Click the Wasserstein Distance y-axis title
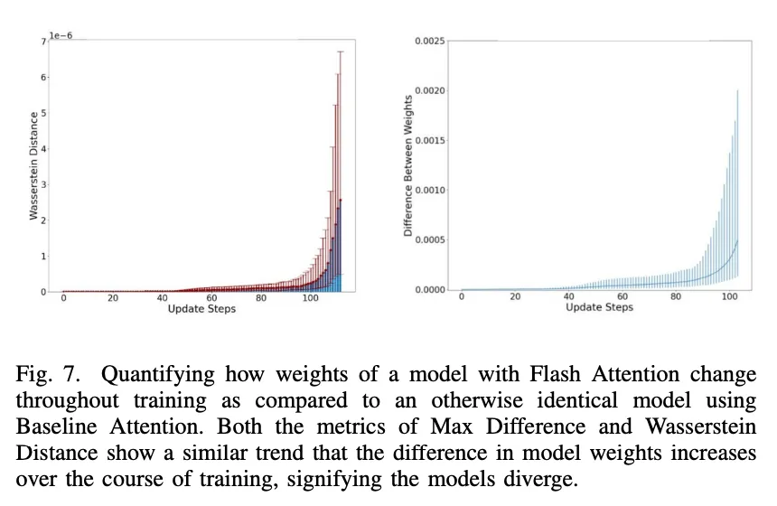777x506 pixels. pyautogui.click(x=34, y=165)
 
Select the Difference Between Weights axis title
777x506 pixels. pyautogui.click(x=408, y=165)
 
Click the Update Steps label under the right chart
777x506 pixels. pyautogui.click(x=599, y=307)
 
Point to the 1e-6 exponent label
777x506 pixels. pyautogui.click(x=61, y=35)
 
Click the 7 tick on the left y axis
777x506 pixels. pyautogui.click(x=42, y=42)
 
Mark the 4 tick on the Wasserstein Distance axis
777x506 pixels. pyautogui.click(x=42, y=149)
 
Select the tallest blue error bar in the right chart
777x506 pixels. pyautogui.click(x=738, y=181)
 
